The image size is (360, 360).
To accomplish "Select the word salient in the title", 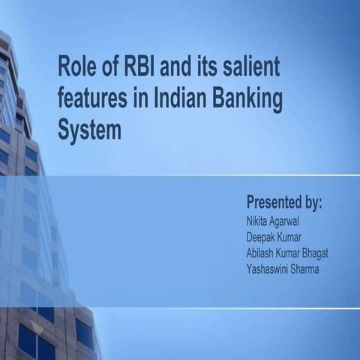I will (x=251, y=68).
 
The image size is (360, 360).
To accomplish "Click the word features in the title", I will (x=92, y=100).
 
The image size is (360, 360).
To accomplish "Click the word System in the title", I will (x=89, y=130).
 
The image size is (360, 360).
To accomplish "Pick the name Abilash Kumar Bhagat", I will (x=287, y=253).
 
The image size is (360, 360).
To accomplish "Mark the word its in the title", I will (x=205, y=68).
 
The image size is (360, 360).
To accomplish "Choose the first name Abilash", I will (x=260, y=253).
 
